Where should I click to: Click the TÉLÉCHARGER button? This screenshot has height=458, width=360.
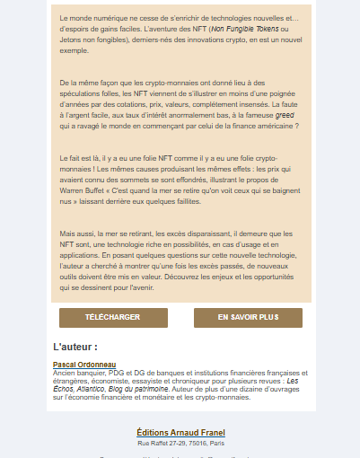tap(112, 318)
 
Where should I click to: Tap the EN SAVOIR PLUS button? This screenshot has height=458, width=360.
tap(248, 318)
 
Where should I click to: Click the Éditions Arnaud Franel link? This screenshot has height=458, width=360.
tap(180, 433)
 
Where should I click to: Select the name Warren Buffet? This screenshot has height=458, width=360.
tap(82, 190)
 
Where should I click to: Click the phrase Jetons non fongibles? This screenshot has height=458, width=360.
tap(96, 40)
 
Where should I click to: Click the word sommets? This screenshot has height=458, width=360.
tap(152, 180)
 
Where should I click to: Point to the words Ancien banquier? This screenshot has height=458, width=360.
tap(78, 372)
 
